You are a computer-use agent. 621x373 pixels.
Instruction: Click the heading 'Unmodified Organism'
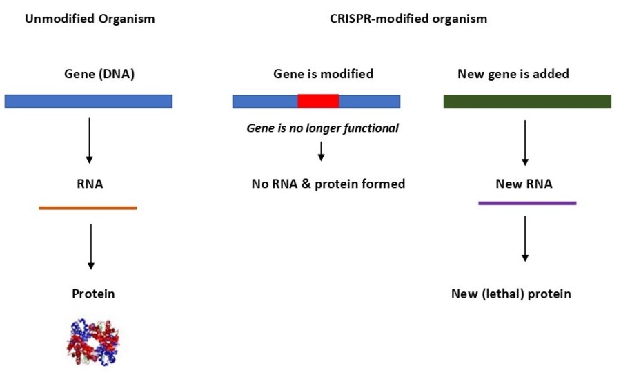click(90, 19)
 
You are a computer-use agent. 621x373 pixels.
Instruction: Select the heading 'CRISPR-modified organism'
click(408, 19)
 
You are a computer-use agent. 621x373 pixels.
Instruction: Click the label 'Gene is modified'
click(323, 74)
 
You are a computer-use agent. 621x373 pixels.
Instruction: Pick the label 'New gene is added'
click(513, 74)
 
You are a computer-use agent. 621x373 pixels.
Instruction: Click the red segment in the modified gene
click(318, 101)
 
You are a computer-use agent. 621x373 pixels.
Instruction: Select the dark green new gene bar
click(526, 102)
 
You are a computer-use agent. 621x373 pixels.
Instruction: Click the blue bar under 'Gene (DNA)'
click(88, 102)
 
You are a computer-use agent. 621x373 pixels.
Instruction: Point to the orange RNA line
click(88, 207)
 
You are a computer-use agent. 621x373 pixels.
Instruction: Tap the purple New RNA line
click(527, 203)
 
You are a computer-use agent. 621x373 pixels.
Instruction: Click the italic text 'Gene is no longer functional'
click(323, 128)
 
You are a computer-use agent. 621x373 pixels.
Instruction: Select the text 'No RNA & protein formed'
click(328, 184)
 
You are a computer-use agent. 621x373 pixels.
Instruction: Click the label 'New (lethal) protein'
click(511, 294)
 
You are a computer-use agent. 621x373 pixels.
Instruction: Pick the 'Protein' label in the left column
click(93, 294)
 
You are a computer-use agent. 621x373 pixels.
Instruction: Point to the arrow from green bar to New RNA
click(525, 143)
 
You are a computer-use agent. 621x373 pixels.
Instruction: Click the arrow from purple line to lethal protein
click(525, 239)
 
